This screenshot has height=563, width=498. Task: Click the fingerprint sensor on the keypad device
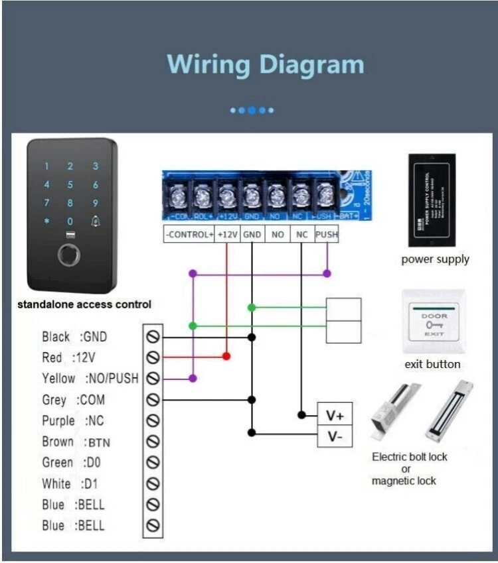click(x=69, y=255)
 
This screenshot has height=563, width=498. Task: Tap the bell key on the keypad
click(x=96, y=221)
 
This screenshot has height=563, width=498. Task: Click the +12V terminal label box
click(x=227, y=234)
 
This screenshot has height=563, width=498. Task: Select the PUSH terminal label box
click(x=326, y=234)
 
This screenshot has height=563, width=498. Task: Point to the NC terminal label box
click(x=302, y=234)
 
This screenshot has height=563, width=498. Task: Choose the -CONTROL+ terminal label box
click(x=189, y=234)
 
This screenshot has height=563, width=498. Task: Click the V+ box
click(x=334, y=415)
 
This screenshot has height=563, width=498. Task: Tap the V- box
click(x=334, y=436)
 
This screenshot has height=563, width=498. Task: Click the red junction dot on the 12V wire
click(x=226, y=357)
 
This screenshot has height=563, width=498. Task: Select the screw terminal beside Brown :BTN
click(x=153, y=442)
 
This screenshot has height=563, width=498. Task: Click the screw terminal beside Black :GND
click(x=153, y=337)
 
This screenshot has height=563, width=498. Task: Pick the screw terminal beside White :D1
click(x=153, y=483)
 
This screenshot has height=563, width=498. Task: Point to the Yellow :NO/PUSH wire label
click(x=90, y=379)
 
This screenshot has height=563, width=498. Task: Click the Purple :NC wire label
click(x=73, y=421)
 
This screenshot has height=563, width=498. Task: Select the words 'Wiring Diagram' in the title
click(x=266, y=65)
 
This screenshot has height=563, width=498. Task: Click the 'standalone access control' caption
click(x=84, y=305)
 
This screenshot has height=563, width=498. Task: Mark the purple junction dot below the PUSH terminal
click(x=327, y=273)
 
